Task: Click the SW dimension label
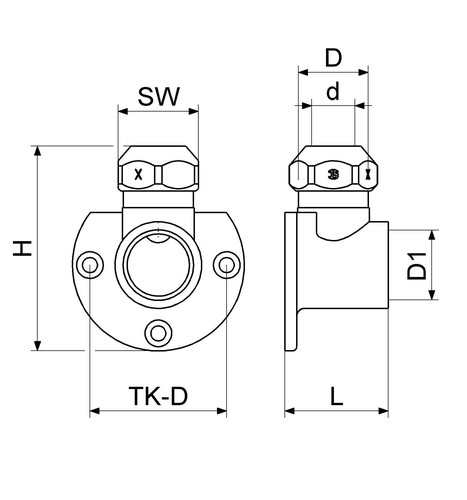(x=159, y=97)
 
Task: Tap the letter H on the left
(x=22, y=248)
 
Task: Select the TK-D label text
(x=158, y=396)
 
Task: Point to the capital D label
(x=333, y=58)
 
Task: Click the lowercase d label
(x=333, y=91)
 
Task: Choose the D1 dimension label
(x=417, y=266)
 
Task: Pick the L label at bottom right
(x=337, y=396)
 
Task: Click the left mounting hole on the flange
(x=90, y=265)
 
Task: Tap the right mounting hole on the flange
(x=227, y=265)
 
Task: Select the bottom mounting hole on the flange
(x=158, y=333)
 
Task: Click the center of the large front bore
(x=158, y=266)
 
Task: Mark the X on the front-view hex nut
(x=138, y=174)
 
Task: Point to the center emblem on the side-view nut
(x=333, y=174)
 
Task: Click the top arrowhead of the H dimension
(x=37, y=151)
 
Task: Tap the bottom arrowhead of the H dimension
(x=37, y=345)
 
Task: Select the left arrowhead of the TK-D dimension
(x=95, y=411)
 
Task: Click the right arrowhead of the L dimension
(x=383, y=411)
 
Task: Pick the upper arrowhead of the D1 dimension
(x=432, y=235)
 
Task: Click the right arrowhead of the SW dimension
(x=193, y=111)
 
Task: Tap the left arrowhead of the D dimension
(x=303, y=72)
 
